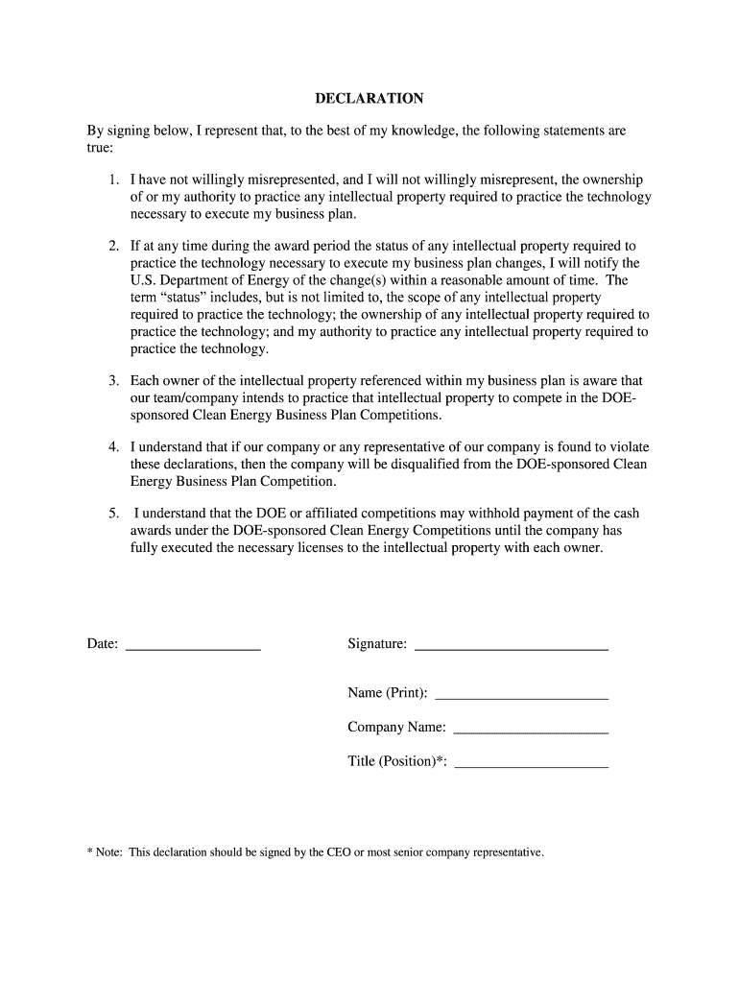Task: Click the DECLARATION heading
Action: pyautogui.click(x=369, y=99)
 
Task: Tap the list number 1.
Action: pyautogui.click(x=112, y=180)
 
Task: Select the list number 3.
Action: pyautogui.click(x=112, y=381)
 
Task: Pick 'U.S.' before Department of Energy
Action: pyautogui.click(x=143, y=280)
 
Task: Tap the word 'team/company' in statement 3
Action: pyautogui.click(x=195, y=398)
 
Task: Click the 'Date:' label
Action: pyautogui.click(x=103, y=644)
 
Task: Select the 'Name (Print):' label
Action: pyautogui.click(x=388, y=693)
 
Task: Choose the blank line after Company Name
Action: pyautogui.click(x=530, y=732)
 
